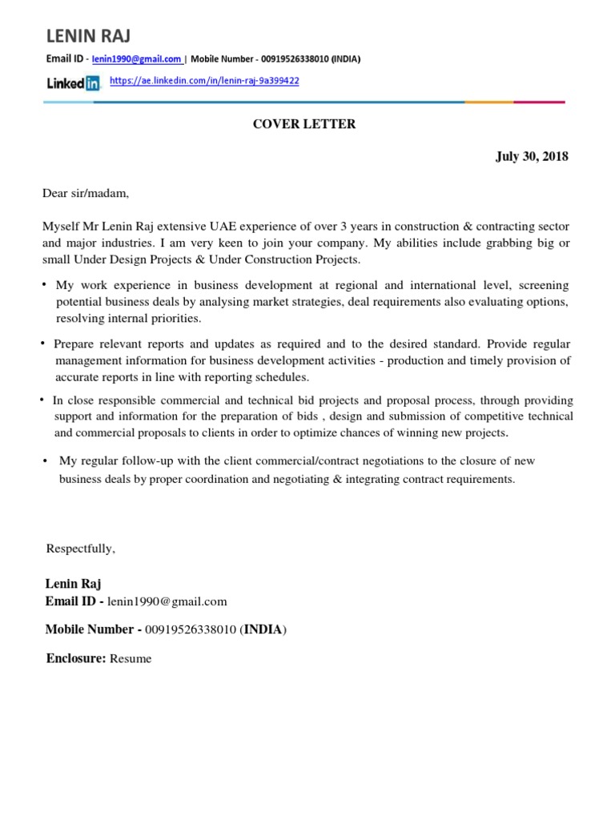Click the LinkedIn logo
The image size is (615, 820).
73,82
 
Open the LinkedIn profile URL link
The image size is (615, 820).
204,82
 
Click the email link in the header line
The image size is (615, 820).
137,59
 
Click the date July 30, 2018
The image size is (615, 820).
532,157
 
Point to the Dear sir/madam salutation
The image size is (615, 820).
86,193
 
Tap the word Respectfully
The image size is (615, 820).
81,549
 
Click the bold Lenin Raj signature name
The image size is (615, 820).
74,584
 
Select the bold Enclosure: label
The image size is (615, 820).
76,658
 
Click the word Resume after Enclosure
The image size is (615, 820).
131,659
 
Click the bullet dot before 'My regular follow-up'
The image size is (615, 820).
45,461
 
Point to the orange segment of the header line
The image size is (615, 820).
488,102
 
